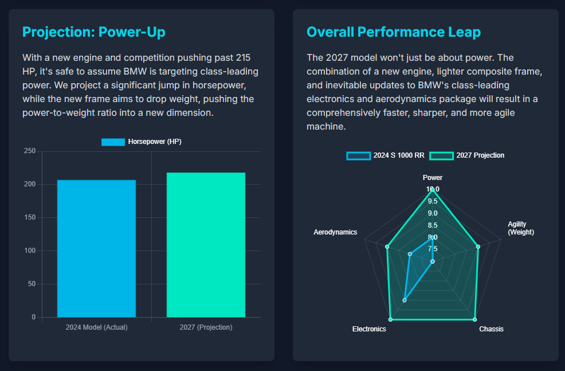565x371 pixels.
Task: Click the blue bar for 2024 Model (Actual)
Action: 96,248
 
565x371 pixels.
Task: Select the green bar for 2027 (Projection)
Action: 206,245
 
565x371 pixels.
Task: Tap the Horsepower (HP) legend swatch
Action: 113,142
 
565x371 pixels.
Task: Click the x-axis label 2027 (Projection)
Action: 206,327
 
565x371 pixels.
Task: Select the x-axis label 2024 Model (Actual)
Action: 96,327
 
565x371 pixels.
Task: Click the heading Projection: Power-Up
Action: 93,32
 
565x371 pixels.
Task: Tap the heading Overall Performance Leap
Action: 394,32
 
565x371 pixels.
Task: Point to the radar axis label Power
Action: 433,178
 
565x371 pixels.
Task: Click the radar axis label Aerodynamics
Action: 335,232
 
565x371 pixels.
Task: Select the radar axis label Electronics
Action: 369,329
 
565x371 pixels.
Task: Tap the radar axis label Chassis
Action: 491,329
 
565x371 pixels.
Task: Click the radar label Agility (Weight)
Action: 520,228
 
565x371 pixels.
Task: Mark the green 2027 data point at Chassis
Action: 475,319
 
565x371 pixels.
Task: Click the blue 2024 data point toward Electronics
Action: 405,300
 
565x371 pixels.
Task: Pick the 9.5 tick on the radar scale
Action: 433,201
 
